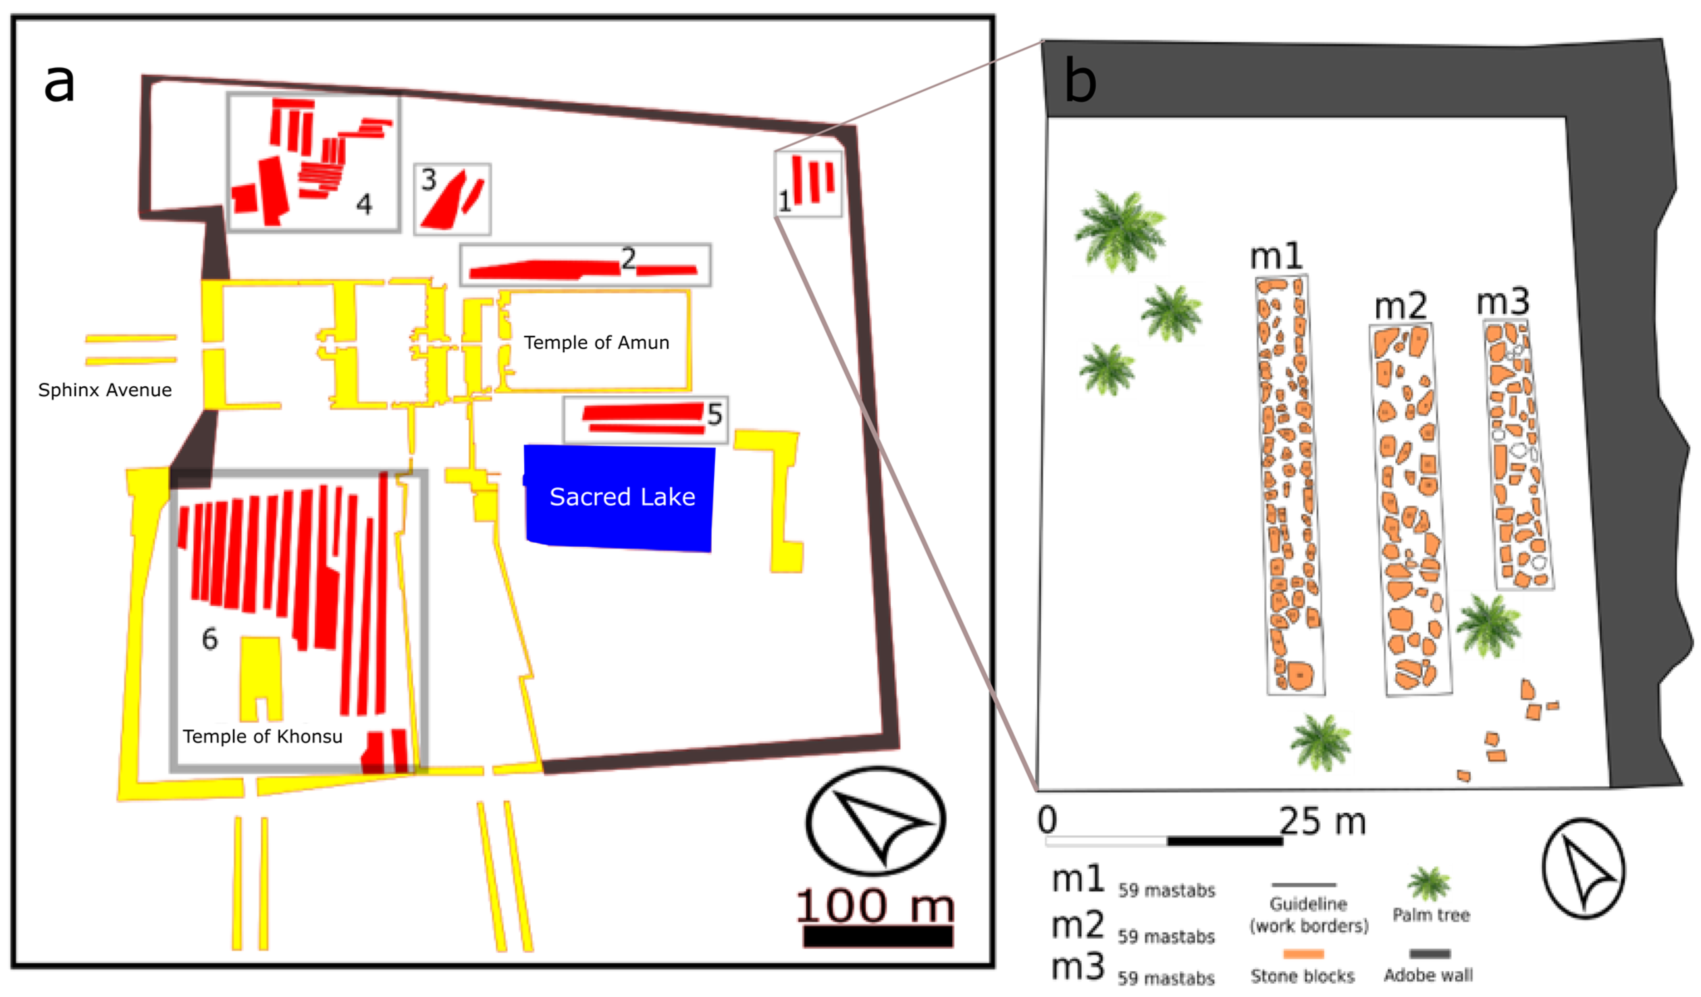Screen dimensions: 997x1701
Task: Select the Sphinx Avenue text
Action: pyautogui.click(x=105, y=390)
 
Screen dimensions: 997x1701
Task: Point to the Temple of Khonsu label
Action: pyautogui.click(x=263, y=736)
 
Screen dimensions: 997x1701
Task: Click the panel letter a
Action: pyautogui.click(x=59, y=83)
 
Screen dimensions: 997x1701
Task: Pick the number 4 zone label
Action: pyautogui.click(x=364, y=204)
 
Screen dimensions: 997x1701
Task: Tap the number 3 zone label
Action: pyautogui.click(x=428, y=180)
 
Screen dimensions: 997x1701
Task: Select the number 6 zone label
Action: pyautogui.click(x=210, y=639)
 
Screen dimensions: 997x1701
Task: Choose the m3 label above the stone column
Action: pyautogui.click(x=1503, y=302)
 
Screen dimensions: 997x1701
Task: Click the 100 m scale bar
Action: pyautogui.click(x=878, y=936)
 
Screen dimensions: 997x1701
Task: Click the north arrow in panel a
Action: pyautogui.click(x=876, y=821)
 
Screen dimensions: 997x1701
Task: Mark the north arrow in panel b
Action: pyautogui.click(x=1584, y=869)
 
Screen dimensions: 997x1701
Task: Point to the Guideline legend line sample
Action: pyautogui.click(x=1303, y=884)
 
